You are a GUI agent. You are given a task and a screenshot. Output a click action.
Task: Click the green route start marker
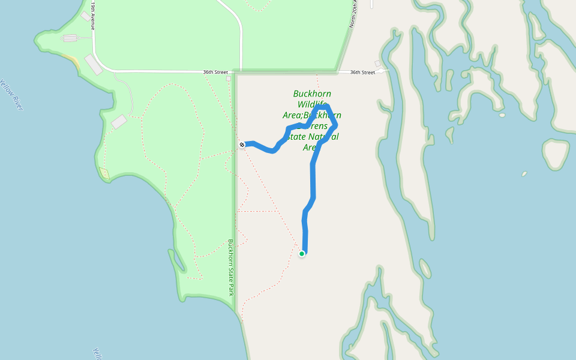(302, 254)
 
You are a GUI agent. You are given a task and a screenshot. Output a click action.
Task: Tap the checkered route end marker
(242, 145)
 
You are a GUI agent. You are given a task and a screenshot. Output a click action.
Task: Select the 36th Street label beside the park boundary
(215, 72)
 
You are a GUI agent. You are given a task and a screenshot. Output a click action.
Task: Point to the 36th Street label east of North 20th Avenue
(362, 72)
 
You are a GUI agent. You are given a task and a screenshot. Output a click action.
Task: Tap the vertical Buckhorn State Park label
(230, 268)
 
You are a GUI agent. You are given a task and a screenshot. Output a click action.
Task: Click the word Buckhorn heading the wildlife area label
(312, 94)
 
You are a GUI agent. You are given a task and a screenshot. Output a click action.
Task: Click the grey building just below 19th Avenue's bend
(94, 64)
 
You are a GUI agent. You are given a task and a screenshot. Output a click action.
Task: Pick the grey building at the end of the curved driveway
(119, 122)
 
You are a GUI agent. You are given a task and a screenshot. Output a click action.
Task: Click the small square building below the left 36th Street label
(229, 79)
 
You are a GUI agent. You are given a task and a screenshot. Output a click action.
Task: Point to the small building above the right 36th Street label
(377, 64)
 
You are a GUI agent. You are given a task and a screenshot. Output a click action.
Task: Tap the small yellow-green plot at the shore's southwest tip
(105, 174)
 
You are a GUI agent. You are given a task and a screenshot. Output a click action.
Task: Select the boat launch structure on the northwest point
(70, 38)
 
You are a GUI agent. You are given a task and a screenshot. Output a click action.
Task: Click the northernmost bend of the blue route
(322, 106)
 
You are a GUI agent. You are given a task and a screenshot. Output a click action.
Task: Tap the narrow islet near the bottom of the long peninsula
(425, 268)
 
